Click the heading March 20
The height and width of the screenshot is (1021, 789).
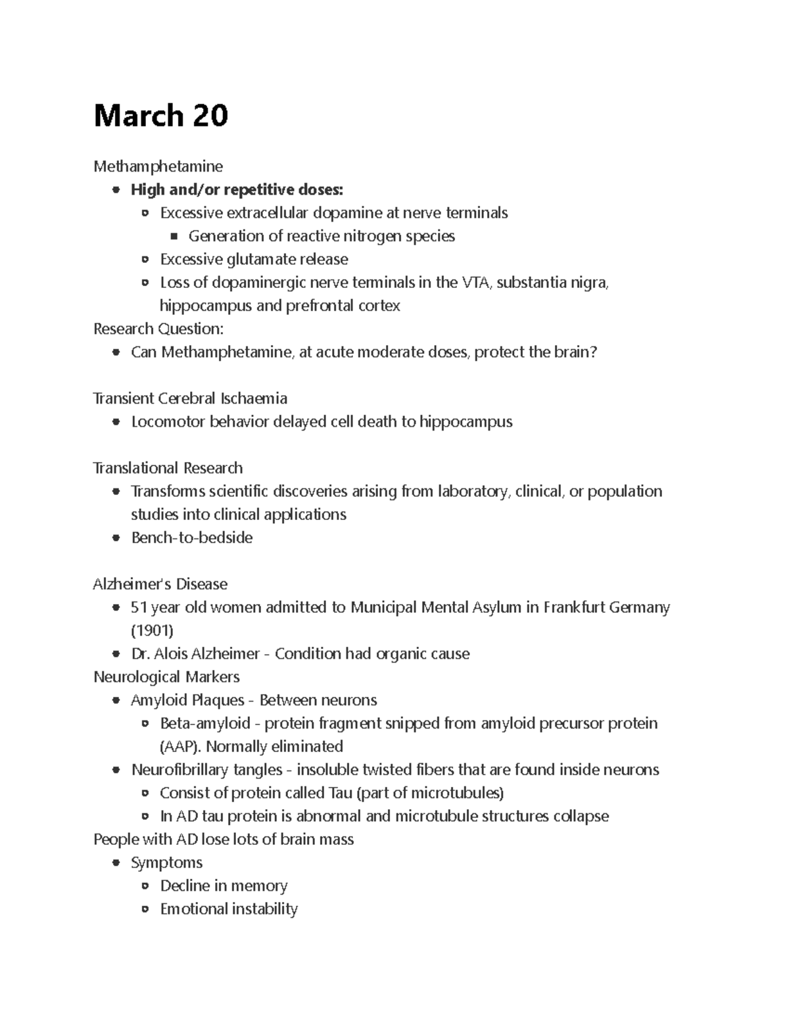click(x=160, y=116)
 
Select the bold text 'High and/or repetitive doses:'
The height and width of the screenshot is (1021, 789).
click(x=237, y=190)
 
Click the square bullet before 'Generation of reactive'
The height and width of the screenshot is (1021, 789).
click(x=174, y=236)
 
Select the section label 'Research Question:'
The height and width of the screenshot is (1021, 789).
click(x=158, y=329)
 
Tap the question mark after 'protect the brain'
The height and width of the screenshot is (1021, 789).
click(x=594, y=352)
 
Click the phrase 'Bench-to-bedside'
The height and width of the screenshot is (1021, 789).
click(x=192, y=538)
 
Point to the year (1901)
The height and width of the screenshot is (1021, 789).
click(x=152, y=631)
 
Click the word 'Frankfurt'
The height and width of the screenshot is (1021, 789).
click(x=574, y=607)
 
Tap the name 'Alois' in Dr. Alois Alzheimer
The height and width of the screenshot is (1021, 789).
click(x=170, y=654)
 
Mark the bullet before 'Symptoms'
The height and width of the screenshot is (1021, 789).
click(x=116, y=863)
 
